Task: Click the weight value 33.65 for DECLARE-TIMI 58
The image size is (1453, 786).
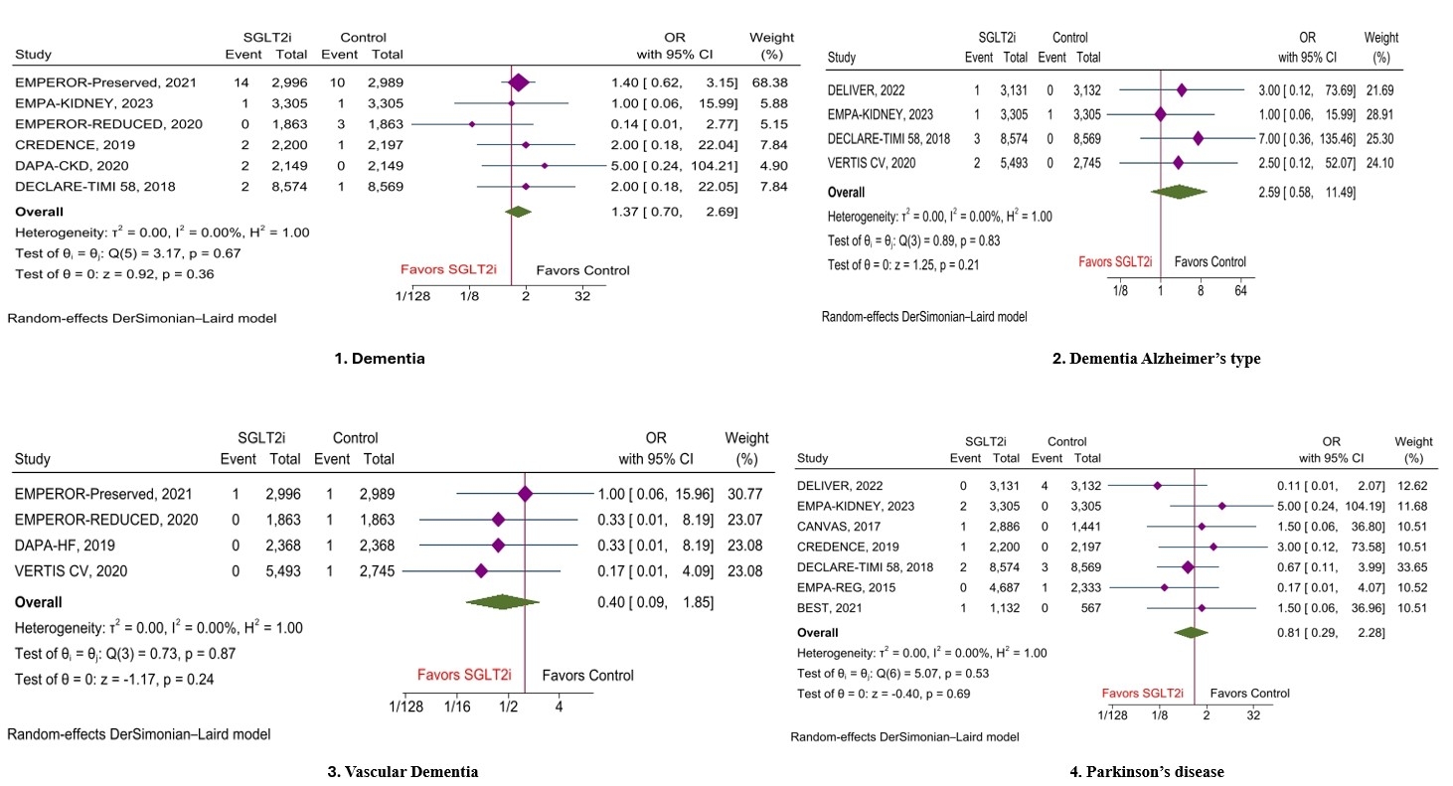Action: click(1413, 566)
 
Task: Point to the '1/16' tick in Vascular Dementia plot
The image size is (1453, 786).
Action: click(457, 707)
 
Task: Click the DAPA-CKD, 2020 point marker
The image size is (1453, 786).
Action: click(545, 164)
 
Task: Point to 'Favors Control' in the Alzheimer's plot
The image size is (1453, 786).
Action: click(1210, 262)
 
